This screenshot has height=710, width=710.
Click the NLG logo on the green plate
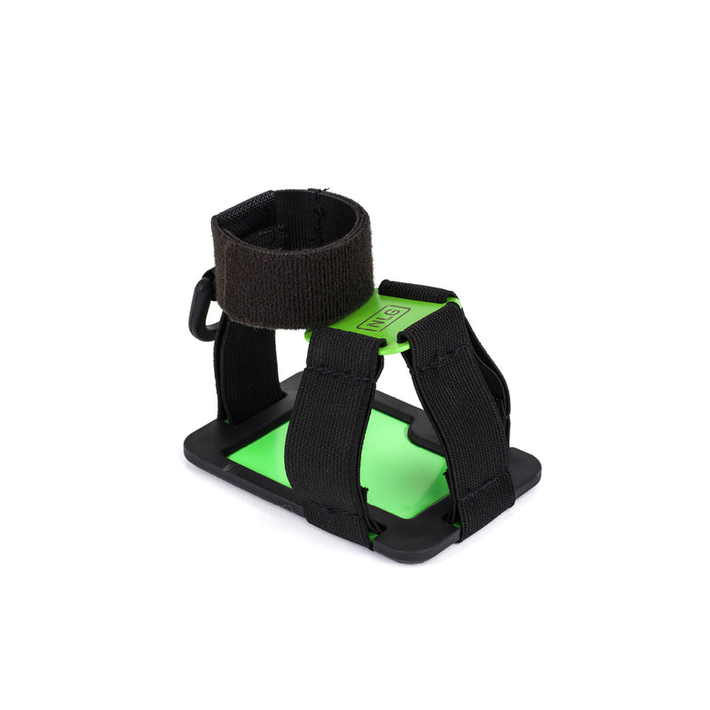tap(383, 319)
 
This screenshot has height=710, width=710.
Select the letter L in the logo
tap(383, 319)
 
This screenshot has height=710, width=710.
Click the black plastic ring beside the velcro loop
tap(201, 307)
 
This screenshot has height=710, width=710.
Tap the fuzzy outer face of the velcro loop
tap(293, 271)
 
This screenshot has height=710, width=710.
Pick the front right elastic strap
tap(461, 408)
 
